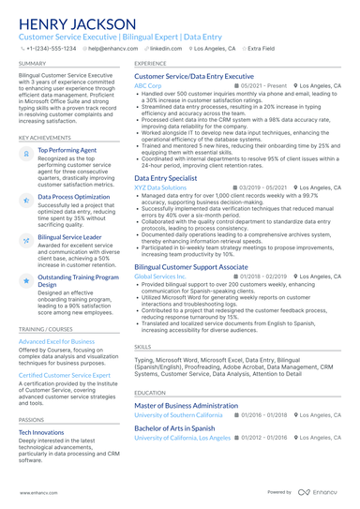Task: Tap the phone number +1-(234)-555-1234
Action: coord(51,47)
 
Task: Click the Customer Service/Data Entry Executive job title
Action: coord(194,76)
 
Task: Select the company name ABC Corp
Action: coord(148,85)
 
